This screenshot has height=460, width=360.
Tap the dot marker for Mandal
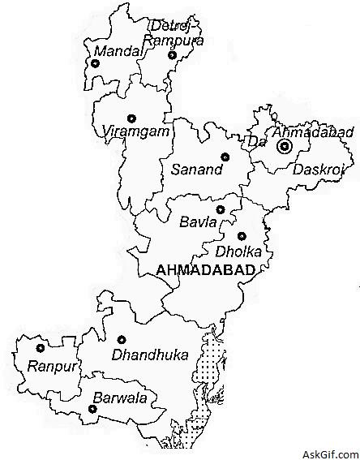tap(94, 62)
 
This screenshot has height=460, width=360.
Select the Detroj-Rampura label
tap(172, 32)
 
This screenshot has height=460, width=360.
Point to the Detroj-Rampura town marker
tap(172, 55)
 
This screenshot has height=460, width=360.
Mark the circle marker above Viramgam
tap(131, 117)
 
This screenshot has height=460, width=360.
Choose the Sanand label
tap(194, 170)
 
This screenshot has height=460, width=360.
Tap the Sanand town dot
tap(225, 157)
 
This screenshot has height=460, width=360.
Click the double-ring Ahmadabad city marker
tap(284, 147)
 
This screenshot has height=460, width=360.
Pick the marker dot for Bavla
tap(220, 209)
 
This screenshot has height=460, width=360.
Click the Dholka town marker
tap(242, 236)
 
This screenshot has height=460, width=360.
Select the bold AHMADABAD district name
tap(206, 269)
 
